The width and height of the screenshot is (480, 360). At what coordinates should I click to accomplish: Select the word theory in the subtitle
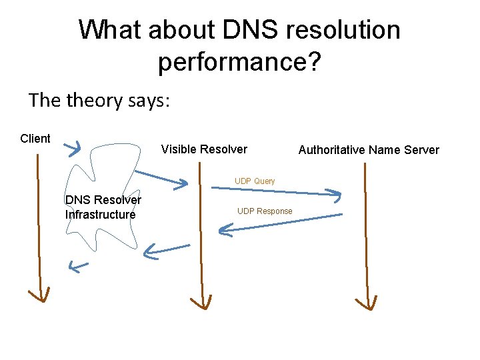pos(100,101)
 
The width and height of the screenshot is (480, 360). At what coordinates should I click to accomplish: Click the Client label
pos(35,139)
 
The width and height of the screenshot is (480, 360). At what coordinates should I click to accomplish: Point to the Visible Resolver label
pos(204,149)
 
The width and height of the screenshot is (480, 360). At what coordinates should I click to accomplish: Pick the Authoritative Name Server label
pos(369,150)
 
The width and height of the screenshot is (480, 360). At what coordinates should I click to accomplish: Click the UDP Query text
pos(255,181)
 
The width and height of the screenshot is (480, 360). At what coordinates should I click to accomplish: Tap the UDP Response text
pos(265,211)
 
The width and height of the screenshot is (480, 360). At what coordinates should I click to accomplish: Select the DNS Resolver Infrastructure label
pos(103,207)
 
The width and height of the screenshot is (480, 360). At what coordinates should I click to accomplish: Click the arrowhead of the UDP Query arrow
pos(335,195)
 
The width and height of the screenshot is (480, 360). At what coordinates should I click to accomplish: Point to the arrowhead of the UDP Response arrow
pos(224,231)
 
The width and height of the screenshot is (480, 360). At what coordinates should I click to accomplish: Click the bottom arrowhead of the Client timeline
pos(39,295)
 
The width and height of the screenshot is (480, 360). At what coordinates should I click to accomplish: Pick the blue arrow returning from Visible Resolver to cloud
pos(167,249)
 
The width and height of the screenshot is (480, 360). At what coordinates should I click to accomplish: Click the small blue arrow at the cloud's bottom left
pos(78,267)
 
